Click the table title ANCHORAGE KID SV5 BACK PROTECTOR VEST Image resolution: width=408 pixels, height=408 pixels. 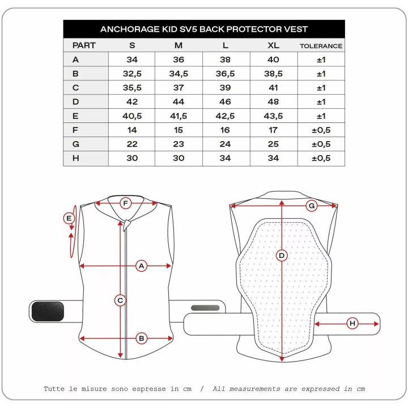[204, 29]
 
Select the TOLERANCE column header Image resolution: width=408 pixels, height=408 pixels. [321, 46]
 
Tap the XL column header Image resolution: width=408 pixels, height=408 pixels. [273, 45]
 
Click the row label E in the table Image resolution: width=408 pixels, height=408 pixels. [75, 116]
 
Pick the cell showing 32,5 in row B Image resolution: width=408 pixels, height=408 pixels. [132, 74]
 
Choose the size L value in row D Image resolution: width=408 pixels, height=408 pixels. [225, 102]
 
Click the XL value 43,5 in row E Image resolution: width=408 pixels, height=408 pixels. [273, 116]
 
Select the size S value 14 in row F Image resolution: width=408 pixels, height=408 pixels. [132, 130]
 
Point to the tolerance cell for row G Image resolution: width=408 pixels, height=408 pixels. [321, 144]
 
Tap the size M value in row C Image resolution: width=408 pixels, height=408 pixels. [178, 88]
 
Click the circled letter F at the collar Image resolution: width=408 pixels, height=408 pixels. [125, 203]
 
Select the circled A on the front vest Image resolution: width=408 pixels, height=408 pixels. [141, 266]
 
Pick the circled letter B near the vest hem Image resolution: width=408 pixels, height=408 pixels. [142, 338]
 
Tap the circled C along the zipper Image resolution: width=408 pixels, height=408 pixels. [120, 300]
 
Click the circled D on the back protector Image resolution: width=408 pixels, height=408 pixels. [282, 256]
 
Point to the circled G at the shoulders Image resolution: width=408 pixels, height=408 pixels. [312, 206]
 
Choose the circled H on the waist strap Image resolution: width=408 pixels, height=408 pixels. [352, 324]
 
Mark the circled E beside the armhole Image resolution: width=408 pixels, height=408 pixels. [69, 218]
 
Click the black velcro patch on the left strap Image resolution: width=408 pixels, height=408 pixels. [48, 311]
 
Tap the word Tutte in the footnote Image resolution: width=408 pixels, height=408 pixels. [54, 389]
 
